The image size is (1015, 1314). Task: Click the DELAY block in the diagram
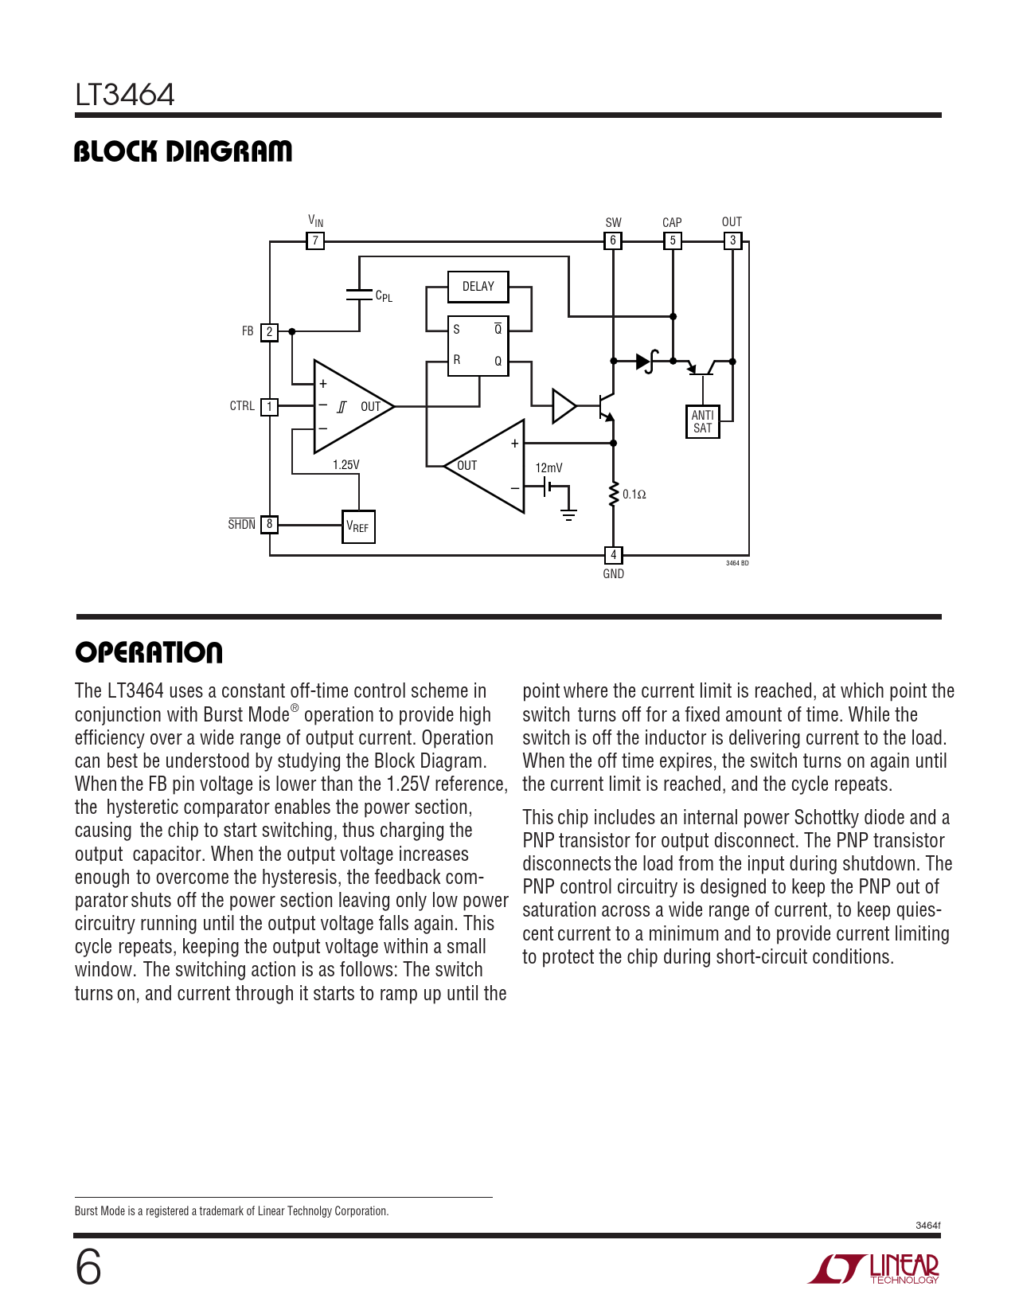point(478,287)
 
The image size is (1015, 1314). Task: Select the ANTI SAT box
point(702,421)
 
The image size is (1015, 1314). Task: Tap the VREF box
point(358,526)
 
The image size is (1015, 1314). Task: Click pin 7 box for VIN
point(315,241)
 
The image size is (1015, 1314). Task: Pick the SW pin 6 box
point(613,241)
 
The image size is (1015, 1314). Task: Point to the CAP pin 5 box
point(673,241)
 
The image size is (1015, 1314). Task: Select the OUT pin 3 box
point(732,241)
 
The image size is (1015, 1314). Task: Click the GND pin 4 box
point(613,555)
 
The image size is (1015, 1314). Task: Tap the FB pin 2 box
point(269,331)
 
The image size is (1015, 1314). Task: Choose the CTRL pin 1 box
point(269,407)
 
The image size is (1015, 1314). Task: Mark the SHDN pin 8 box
point(269,524)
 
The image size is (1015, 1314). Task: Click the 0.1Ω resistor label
point(634,495)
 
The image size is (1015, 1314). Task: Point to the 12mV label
point(548,468)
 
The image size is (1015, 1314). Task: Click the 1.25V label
point(346,465)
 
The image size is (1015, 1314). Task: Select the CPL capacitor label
point(384,296)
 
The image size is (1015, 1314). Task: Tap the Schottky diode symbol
point(646,362)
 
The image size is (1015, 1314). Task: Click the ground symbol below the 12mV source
point(568,515)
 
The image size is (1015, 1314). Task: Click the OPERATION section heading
point(149,653)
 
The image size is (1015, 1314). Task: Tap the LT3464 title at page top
point(125,95)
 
